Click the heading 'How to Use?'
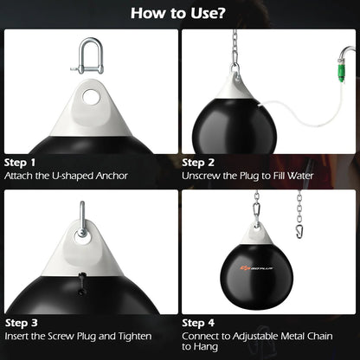(180, 14)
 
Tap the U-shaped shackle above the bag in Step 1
(89, 55)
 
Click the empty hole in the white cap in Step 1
(90, 97)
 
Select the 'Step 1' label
(21, 162)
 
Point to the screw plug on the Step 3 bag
(81, 284)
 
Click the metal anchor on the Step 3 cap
(80, 215)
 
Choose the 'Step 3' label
(21, 321)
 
